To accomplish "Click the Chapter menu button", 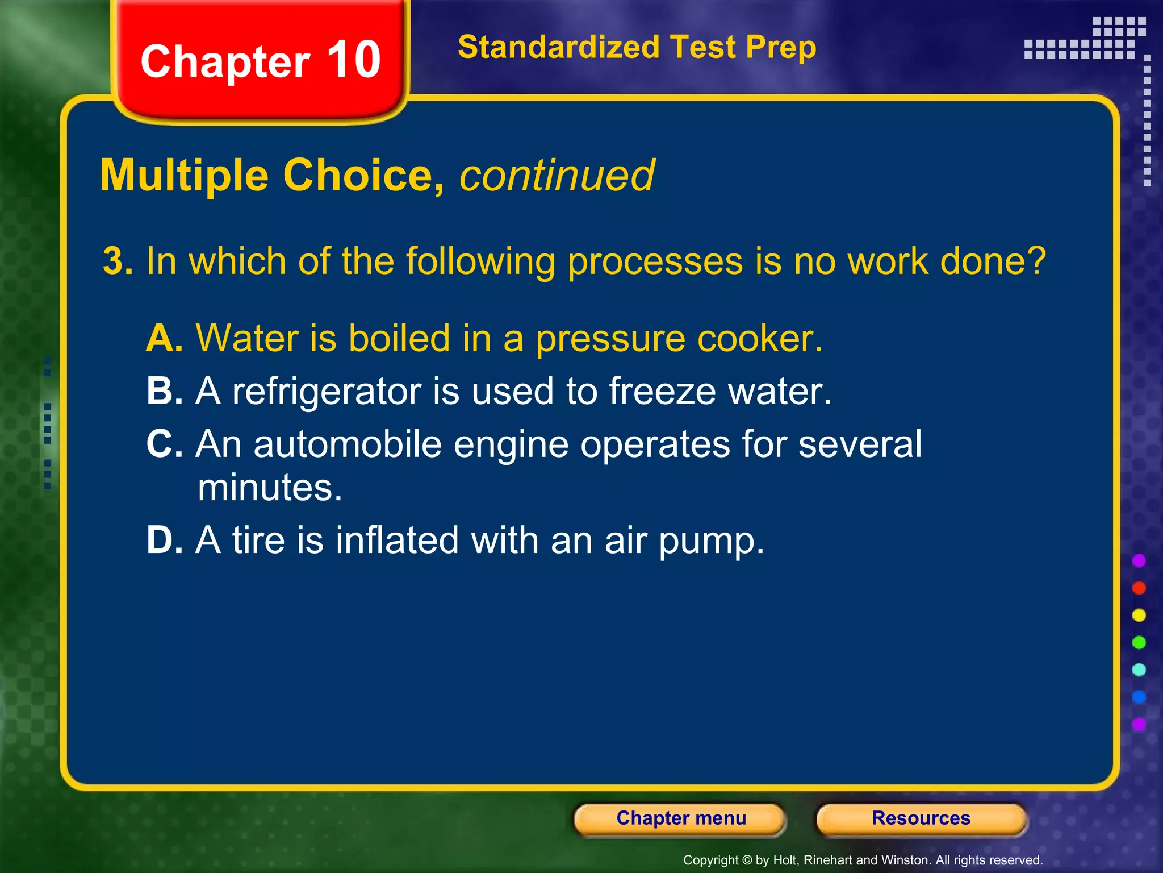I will click(x=680, y=818).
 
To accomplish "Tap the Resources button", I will click(x=921, y=818).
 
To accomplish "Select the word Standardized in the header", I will click(x=558, y=47).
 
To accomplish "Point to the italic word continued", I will click(x=557, y=176).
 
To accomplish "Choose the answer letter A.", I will click(x=163, y=339).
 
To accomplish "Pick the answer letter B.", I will click(x=163, y=392).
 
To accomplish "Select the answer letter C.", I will click(x=163, y=444).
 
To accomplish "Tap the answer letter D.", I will click(x=163, y=540).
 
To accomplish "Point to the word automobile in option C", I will click(x=347, y=444).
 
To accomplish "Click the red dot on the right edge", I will click(x=1139, y=588).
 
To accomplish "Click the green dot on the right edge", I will click(x=1139, y=642).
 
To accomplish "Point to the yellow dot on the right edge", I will click(x=1139, y=615).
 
